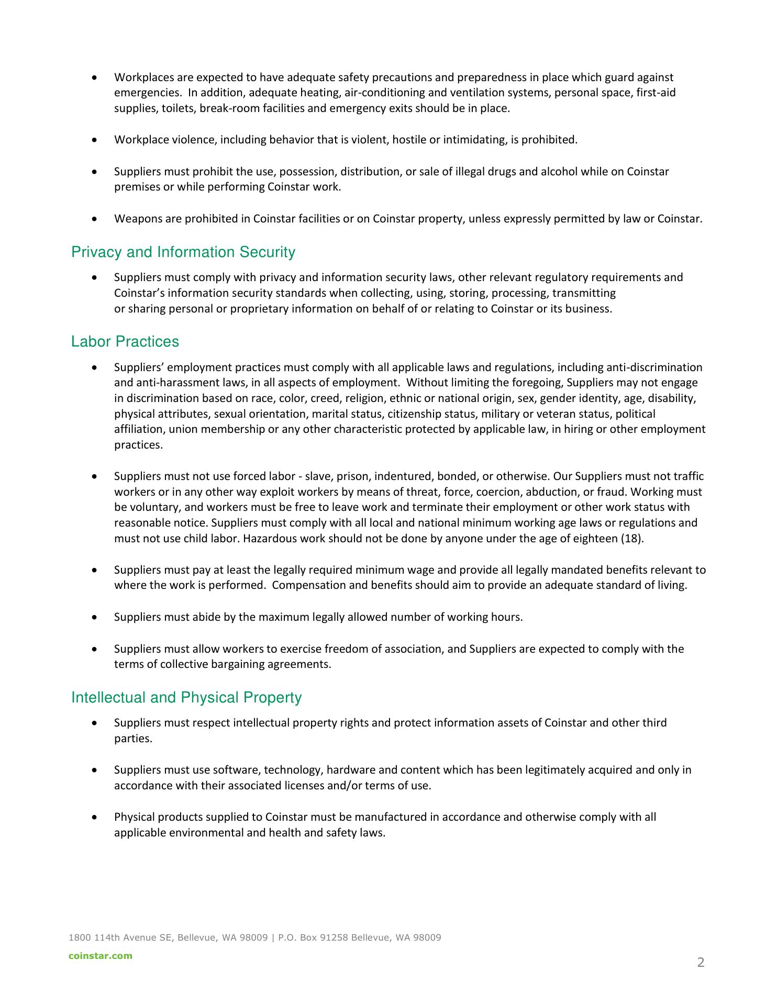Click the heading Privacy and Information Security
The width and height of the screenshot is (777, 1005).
183,252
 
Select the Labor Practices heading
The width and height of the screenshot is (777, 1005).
125,342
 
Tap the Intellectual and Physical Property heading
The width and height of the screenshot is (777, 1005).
186,698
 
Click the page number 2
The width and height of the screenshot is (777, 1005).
701,962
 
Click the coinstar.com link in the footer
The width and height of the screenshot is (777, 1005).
101,956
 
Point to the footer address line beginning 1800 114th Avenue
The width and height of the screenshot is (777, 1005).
254,937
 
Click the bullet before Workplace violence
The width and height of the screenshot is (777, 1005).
94,140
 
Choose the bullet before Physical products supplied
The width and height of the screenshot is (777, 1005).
94,818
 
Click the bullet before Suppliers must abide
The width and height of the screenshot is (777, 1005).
94,618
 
